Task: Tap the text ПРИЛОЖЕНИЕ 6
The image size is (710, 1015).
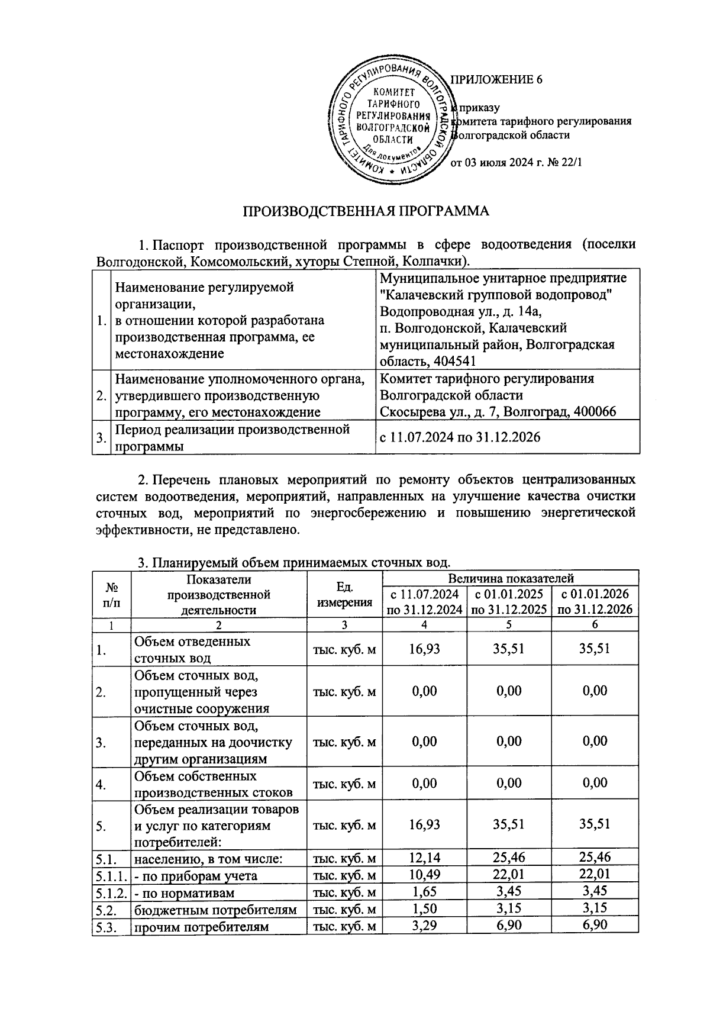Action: pos(497,80)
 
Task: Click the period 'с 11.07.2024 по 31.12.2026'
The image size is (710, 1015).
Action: pos(459,437)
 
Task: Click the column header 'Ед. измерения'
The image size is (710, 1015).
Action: pos(344,594)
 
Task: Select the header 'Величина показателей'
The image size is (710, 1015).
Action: pos(511,578)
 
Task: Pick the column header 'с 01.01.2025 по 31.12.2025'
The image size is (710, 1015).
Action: pos(509,602)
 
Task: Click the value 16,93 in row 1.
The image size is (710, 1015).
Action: pos(424,649)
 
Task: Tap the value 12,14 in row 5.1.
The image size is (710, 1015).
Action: pos(424,857)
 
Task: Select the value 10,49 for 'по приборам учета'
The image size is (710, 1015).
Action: pos(424,874)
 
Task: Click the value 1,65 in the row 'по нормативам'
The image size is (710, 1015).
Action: pos(424,891)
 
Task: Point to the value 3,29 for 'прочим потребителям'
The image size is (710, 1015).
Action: pos(424,924)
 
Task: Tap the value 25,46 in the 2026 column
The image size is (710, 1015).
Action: pos(595,857)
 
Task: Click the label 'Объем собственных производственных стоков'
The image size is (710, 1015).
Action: pos(213,784)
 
